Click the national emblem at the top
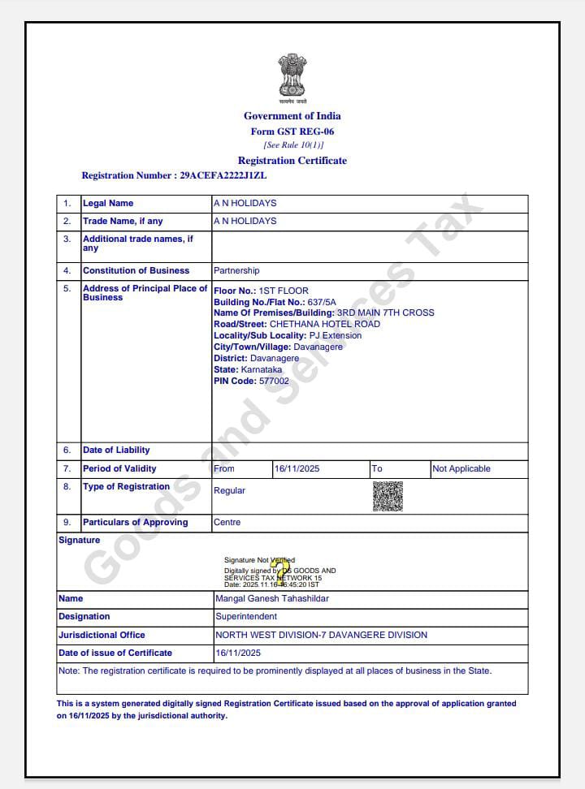pyautogui.click(x=292, y=76)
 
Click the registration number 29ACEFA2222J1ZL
pyautogui.click(x=221, y=175)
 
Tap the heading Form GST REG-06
pyautogui.click(x=292, y=131)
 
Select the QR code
pyautogui.click(x=388, y=496)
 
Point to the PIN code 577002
pyautogui.click(x=274, y=381)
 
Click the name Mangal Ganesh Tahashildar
pyautogui.click(x=272, y=598)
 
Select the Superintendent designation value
pyautogui.click(x=246, y=616)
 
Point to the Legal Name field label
pyautogui.click(x=108, y=203)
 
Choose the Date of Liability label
pyautogui.click(x=116, y=450)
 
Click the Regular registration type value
pyautogui.click(x=229, y=490)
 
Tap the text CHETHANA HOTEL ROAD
pyautogui.click(x=325, y=324)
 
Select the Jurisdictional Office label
pyautogui.click(x=102, y=635)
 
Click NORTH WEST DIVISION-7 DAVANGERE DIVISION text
pyautogui.click(x=321, y=635)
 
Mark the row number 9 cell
pyautogui.click(x=67, y=522)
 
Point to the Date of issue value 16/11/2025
pyautogui.click(x=238, y=653)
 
